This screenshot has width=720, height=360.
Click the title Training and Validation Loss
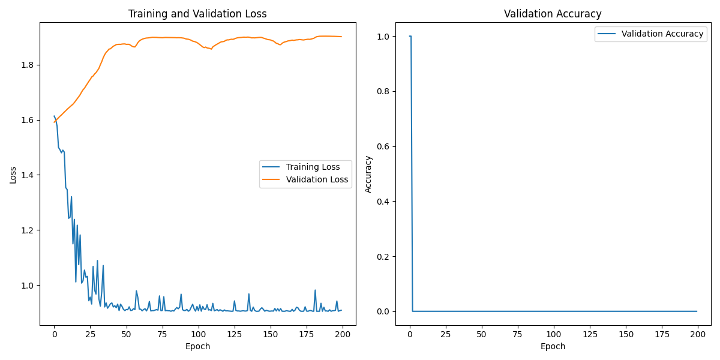[197, 14]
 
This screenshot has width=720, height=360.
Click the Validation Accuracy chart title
[553, 14]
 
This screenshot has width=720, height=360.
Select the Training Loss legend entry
[313, 167]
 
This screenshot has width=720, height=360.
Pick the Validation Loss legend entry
[317, 179]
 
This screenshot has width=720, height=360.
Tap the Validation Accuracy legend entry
[662, 34]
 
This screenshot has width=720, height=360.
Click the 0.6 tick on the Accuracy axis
[383, 146]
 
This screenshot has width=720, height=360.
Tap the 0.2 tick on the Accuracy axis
[383, 256]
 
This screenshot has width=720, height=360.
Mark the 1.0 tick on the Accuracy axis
[383, 37]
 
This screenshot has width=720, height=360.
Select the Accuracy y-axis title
[368, 174]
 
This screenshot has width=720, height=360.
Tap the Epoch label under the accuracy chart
[553, 346]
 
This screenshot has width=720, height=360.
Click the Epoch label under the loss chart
[197, 346]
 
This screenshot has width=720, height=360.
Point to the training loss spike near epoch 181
[315, 290]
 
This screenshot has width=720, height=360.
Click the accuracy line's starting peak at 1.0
[410, 37]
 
